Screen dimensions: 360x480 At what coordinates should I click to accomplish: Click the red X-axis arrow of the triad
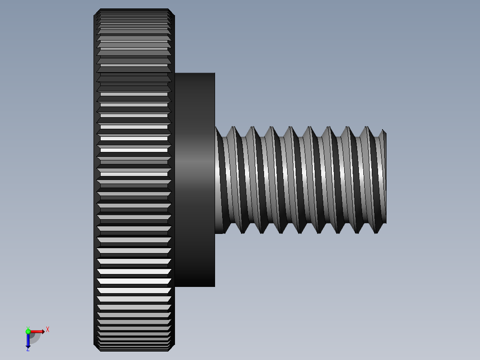[37, 331]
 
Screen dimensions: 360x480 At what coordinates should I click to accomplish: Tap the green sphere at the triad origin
[28, 331]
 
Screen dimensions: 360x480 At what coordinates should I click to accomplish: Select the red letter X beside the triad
[48, 330]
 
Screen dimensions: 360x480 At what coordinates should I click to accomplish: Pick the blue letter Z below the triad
[28, 349]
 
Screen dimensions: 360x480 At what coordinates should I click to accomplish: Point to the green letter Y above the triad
[28, 327]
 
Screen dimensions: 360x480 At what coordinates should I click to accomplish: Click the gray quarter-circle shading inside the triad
[34, 338]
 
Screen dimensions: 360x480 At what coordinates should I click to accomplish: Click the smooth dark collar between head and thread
[195, 180]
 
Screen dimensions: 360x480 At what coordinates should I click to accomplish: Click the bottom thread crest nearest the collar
[243, 232]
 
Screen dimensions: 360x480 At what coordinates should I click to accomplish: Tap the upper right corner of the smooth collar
[214, 74]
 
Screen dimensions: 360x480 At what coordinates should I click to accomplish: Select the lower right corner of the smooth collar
[214, 286]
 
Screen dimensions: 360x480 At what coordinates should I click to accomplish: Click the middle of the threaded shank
[301, 180]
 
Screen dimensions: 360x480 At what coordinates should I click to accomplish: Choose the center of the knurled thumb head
[134, 180]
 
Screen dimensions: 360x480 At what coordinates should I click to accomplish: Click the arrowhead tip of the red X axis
[44, 331]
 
